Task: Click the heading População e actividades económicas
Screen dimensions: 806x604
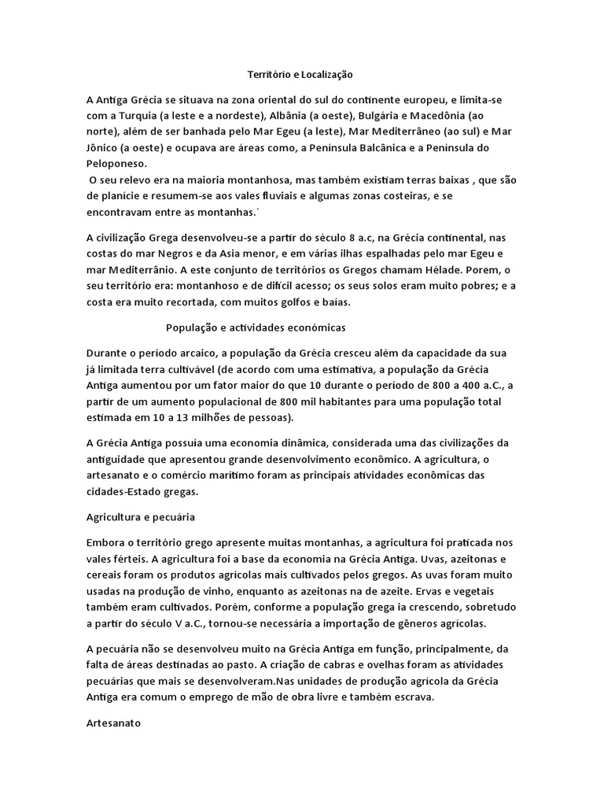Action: (x=256, y=326)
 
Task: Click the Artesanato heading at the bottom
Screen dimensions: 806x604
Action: (x=113, y=723)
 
